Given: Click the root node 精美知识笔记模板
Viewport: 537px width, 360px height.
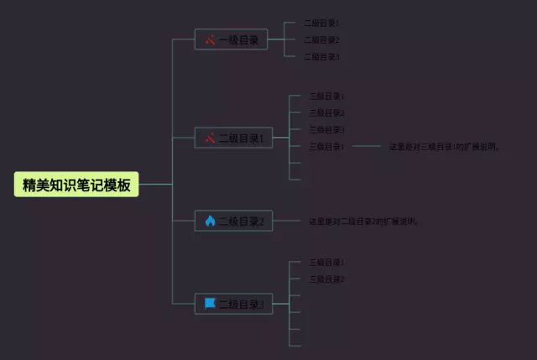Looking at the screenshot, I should coord(76,185).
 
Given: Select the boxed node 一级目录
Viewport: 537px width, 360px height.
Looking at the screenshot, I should coord(231,39).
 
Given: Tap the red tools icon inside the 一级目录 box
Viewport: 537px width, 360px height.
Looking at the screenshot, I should coord(210,39).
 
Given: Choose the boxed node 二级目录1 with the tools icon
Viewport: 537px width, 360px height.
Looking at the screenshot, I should coord(233,138).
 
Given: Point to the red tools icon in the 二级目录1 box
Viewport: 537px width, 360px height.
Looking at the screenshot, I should coord(210,138).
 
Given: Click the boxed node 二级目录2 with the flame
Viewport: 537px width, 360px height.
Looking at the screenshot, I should coord(233,222).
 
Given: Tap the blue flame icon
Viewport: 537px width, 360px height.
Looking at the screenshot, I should coord(210,222).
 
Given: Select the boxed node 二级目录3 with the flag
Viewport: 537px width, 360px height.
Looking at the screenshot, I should coord(233,304).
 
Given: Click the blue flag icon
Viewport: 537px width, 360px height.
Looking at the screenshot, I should coord(210,303).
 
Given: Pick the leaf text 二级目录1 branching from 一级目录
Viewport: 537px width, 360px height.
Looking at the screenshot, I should coord(321,23).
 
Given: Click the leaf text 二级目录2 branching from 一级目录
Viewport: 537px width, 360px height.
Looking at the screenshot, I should coord(321,39).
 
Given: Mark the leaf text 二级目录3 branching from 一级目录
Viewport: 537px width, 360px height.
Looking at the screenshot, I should coord(321,56).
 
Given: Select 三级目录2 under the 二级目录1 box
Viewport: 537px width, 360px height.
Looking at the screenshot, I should coord(326,112).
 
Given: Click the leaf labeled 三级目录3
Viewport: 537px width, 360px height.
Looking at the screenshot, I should coord(326,129).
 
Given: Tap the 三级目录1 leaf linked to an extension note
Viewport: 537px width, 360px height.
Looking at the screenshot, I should coord(326,146).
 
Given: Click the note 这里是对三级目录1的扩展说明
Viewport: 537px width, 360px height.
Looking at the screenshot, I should coord(445,146).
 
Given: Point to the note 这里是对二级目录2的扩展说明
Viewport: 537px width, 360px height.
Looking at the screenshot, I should coord(364,222).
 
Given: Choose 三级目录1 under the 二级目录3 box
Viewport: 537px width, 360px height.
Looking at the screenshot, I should coord(326,262).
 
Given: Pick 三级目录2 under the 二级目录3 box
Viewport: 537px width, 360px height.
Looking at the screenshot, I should coord(326,279).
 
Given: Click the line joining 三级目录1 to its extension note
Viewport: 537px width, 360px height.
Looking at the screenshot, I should coord(367,146).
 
